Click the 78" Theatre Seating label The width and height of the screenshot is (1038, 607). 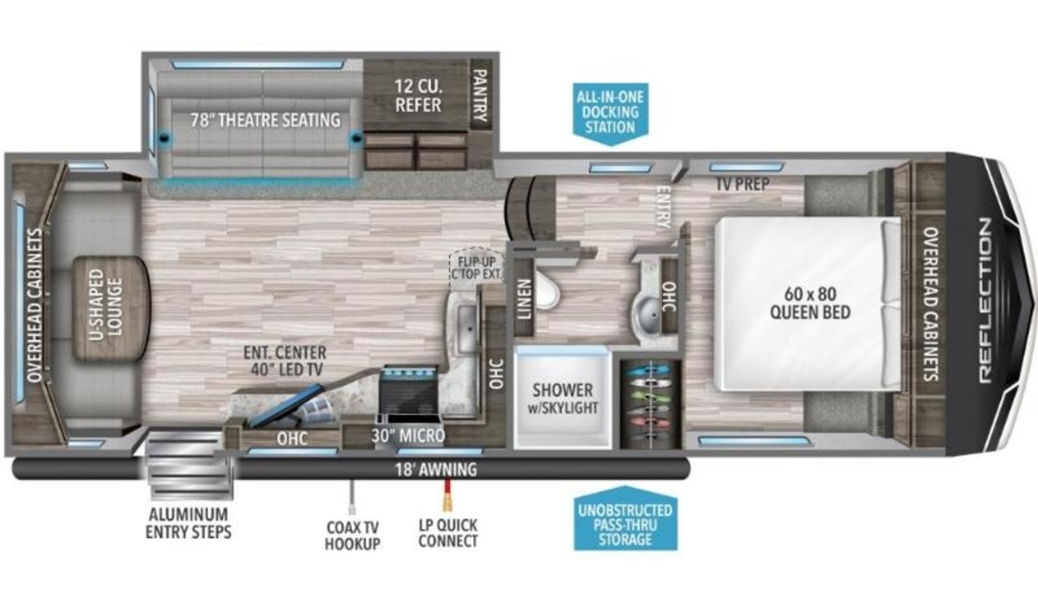coord(266,120)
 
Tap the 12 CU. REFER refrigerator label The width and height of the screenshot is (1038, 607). coord(418,95)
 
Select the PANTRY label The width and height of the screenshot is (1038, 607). coord(481,95)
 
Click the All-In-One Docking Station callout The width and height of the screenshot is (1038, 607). coord(611,113)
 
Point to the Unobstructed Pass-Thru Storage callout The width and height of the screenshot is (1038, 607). coord(625,520)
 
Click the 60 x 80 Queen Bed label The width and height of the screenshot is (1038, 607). coord(810,303)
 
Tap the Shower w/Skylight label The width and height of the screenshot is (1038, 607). coord(562,399)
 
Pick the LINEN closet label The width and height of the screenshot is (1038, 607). coord(524,299)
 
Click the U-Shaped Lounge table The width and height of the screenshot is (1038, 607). coord(112,309)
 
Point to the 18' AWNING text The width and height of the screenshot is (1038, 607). coord(436,470)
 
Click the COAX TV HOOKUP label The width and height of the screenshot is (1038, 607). coord(352,535)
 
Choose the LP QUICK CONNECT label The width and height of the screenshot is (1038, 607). coord(448,533)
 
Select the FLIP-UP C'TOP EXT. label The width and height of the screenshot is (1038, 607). coord(477,266)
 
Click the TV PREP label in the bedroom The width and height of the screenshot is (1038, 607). coord(742,184)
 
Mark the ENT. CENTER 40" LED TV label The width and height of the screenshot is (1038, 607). coord(285,361)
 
